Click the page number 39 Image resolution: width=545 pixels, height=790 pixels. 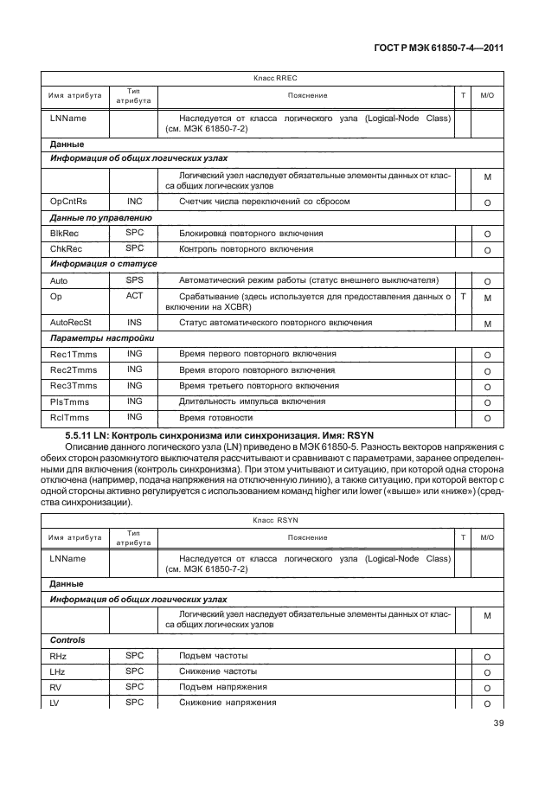coord(498,723)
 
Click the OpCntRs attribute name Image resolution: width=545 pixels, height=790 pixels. coord(69,202)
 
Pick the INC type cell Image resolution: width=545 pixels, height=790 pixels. coord(134,202)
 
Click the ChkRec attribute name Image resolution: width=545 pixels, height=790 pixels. coord(66,249)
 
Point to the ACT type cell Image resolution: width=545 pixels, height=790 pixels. coord(134,296)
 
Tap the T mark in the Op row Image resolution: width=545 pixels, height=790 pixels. coord(464,296)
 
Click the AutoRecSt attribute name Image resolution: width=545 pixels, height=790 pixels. coord(71,322)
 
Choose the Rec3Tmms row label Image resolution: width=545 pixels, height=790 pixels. coord(74,386)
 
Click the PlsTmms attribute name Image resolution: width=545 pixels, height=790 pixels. coord(70,401)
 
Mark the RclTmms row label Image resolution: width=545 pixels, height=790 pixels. coord(70,418)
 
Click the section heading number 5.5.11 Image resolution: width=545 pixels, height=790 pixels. coord(81,434)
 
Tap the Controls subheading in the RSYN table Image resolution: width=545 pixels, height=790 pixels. coord(68,640)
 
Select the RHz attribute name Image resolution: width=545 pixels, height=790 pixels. coord(59,657)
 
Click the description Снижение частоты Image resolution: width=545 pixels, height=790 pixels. coord(218,671)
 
